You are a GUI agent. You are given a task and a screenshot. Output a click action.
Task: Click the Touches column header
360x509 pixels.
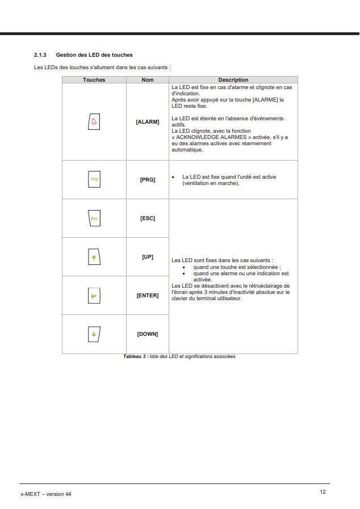94,80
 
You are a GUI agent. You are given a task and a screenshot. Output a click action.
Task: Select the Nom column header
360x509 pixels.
148,80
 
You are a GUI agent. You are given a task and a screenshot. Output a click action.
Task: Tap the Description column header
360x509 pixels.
233,80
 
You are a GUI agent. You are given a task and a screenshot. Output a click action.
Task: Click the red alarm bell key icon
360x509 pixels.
94,122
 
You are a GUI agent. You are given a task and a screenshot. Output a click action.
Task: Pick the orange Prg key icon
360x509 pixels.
94,179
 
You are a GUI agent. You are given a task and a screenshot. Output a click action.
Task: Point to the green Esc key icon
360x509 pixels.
94,218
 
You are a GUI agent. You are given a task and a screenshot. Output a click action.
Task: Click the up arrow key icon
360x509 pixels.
94,257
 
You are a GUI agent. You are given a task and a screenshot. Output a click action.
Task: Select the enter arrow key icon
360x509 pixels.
94,296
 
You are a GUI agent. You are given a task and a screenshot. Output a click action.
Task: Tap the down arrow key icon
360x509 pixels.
94,334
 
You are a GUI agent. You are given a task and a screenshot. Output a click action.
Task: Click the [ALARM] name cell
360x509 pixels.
148,122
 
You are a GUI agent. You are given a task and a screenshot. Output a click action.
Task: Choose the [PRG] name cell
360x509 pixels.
148,179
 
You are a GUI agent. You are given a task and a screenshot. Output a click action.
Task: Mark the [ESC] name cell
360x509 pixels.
148,218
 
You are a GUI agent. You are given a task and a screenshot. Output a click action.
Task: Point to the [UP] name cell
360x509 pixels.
148,257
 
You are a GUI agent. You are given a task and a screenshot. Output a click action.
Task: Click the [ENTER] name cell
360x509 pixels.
148,296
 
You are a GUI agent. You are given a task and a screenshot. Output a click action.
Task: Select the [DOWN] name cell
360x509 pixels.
148,334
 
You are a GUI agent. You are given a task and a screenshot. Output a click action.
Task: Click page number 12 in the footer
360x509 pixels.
323,491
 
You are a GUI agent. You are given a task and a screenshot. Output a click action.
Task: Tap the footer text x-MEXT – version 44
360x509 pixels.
46,494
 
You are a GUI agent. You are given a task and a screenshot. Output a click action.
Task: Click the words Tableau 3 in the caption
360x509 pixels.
135,357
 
